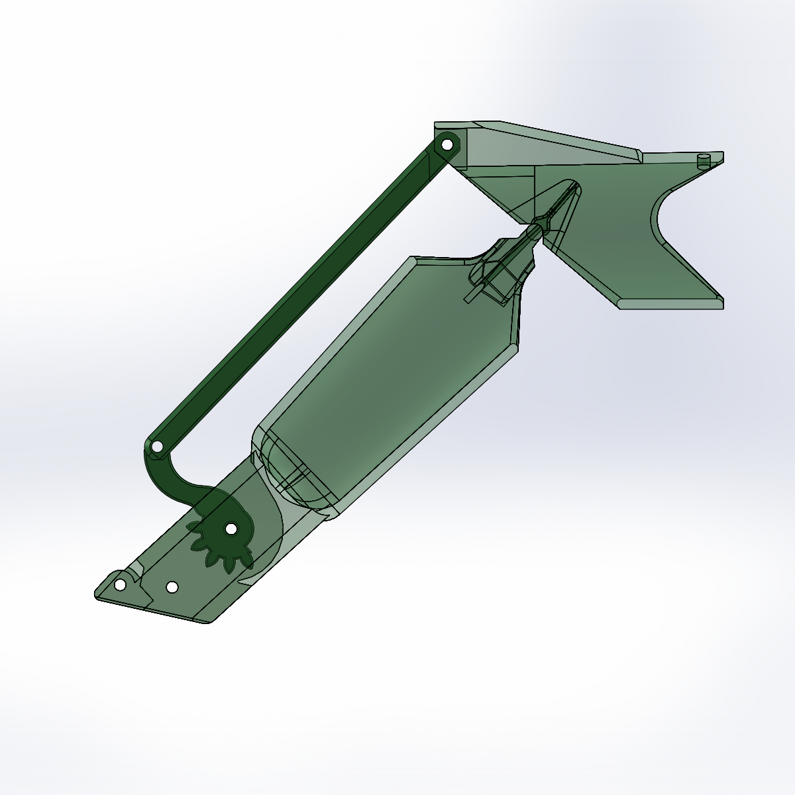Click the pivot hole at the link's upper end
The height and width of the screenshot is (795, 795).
[447, 144]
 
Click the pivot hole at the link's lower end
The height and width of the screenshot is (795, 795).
[157, 447]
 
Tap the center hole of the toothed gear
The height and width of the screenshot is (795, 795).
[231, 529]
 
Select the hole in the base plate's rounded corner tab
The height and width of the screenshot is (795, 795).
[120, 585]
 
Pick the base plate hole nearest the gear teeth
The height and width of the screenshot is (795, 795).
[172, 587]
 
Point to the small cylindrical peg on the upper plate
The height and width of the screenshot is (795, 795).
[704, 160]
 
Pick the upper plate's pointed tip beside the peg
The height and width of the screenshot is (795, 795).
[721, 158]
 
